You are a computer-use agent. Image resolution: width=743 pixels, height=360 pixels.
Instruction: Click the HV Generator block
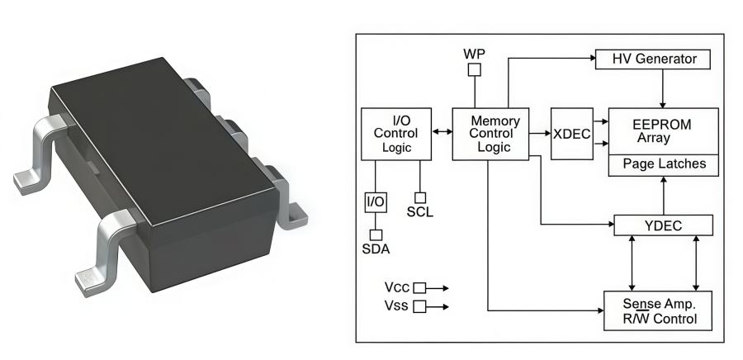[x=655, y=59]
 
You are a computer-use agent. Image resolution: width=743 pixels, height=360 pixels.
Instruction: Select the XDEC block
[x=571, y=133]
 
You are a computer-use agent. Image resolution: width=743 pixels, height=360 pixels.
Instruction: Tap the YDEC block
[x=664, y=225]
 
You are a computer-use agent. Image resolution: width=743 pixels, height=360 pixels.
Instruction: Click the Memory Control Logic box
[x=490, y=133]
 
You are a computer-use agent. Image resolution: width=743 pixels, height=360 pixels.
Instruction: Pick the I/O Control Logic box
[x=396, y=133]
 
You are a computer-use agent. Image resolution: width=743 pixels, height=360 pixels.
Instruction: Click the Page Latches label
[x=664, y=164]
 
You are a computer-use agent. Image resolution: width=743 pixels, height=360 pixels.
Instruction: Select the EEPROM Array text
[x=662, y=130]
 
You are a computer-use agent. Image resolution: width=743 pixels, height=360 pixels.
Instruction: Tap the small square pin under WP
[x=474, y=70]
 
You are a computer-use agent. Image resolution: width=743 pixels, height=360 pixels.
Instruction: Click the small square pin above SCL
[x=420, y=197]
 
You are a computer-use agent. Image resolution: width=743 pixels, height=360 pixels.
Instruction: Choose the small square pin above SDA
[x=376, y=234]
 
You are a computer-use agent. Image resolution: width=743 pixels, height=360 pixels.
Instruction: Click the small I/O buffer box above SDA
[x=376, y=201]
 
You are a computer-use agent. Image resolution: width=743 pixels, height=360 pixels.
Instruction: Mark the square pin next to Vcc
[x=419, y=287]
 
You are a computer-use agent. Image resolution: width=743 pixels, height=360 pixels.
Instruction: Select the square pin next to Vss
[x=419, y=306]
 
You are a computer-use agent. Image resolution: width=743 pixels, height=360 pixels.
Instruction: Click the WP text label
[x=474, y=53]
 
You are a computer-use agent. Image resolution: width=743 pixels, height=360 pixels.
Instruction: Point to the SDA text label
[x=376, y=249]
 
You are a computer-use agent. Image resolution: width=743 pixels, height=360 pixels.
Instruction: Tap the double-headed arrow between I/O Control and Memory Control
[x=442, y=132]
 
